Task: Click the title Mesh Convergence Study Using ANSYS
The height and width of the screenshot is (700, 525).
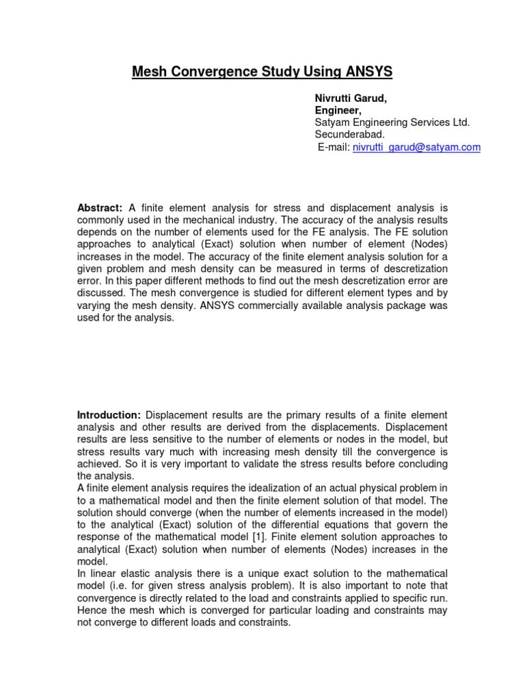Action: (262, 72)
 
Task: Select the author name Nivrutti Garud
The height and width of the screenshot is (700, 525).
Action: (350, 98)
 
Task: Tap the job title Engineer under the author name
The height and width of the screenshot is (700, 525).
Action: (338, 111)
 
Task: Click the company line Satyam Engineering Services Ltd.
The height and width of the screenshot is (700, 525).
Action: (392, 122)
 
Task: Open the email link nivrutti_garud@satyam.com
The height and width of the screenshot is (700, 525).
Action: (416, 147)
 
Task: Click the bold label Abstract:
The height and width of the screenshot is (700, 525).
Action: (99, 207)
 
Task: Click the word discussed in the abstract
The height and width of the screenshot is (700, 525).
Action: (100, 293)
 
